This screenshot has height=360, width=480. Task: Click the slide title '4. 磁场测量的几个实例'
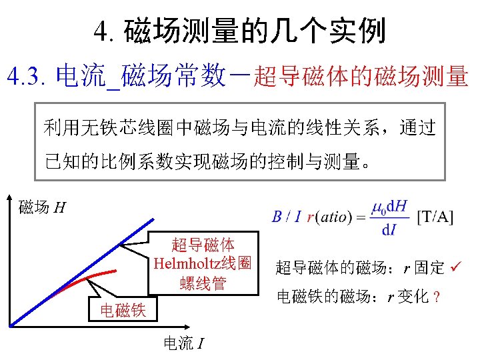point(239,31)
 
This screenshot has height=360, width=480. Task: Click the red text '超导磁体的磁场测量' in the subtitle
point(361,77)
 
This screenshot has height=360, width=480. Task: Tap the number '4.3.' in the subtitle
point(27,77)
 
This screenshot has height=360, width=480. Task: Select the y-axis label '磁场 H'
point(41,208)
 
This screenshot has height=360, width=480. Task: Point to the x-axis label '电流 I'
point(184,343)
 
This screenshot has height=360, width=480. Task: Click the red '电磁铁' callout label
point(123,309)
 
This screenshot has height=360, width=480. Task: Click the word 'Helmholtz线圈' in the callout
point(201,263)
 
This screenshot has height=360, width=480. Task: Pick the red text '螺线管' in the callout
point(202,283)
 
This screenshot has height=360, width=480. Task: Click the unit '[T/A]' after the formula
point(435,217)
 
